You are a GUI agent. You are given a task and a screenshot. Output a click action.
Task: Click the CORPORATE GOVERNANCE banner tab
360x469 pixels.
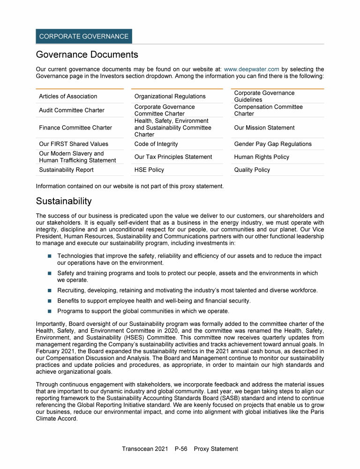[x=84, y=36]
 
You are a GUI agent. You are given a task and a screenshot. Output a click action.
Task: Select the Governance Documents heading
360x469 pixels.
[x=87, y=54]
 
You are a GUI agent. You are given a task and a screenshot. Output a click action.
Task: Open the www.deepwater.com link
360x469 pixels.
[x=252, y=69]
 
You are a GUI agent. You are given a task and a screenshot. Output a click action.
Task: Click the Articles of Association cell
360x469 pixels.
[x=68, y=96]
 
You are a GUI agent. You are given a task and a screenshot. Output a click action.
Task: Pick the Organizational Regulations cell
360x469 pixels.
[x=170, y=96]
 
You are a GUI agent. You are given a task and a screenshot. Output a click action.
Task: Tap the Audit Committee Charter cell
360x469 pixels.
[x=71, y=110]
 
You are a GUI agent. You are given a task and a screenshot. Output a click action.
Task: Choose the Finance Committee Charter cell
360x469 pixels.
[x=75, y=128]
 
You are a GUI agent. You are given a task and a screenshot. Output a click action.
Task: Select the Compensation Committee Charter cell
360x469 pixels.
[x=268, y=110]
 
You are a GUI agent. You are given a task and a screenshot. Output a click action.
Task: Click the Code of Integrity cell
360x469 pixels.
[x=156, y=144]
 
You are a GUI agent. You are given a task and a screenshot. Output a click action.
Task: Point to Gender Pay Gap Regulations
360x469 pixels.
[x=273, y=144]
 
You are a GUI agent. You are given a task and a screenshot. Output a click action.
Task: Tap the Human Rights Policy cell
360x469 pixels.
[x=262, y=157]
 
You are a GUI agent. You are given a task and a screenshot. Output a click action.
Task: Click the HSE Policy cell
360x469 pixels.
[x=149, y=170]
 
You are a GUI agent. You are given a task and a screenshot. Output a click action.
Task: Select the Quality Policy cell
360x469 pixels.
[x=252, y=170]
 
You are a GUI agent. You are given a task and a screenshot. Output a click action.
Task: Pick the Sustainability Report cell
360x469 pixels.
[x=66, y=170]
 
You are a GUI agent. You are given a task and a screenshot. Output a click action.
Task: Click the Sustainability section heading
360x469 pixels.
[x=64, y=201]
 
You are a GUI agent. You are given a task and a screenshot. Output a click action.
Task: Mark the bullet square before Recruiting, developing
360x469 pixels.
[x=49, y=290]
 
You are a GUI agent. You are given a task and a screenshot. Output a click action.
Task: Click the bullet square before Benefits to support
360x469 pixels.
[x=49, y=301]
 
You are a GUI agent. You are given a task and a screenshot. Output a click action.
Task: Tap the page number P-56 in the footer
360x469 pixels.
[x=180, y=449]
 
